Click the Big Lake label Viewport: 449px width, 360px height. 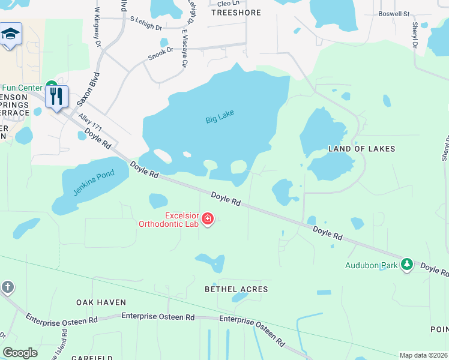220,116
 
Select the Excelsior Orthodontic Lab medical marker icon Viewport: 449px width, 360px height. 208,219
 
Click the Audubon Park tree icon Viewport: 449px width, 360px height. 407,265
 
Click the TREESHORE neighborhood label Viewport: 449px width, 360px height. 236,12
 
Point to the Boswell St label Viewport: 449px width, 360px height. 393,13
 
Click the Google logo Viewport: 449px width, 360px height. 20,353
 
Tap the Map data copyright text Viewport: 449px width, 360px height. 423,355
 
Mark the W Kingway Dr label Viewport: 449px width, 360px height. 97,24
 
